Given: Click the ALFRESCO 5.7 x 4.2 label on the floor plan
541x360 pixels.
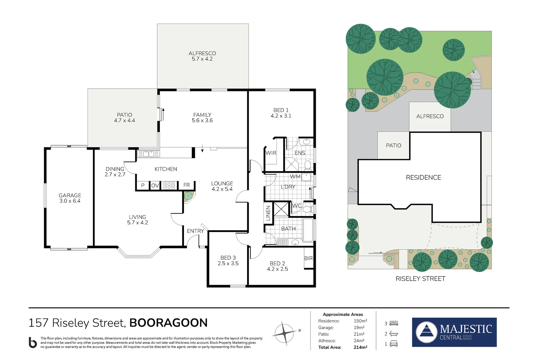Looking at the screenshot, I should tap(202, 56).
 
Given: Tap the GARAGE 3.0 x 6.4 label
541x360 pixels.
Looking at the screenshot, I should tap(70, 198).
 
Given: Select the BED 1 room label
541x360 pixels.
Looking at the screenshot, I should tap(281, 113).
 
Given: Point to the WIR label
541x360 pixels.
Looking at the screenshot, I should tap(270, 153).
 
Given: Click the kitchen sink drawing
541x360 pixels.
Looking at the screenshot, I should tap(149, 154).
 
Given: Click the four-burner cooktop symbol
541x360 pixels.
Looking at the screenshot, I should tap(169, 185).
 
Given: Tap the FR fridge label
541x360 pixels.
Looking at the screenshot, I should tap(187, 185).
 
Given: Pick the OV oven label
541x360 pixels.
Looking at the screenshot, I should tap(155, 186).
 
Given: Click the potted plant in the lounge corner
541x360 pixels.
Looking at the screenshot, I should tap(188, 196).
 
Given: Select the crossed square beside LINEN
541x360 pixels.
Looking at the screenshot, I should tap(281, 209).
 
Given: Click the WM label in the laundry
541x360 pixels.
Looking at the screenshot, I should tap(295, 176).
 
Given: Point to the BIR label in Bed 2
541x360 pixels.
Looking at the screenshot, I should tap(308, 258).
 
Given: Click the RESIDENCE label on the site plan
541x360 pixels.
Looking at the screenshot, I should tap(423, 178).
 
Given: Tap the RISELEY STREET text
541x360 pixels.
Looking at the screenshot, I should tap(420, 279).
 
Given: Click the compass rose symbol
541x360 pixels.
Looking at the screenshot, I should tap(284, 333).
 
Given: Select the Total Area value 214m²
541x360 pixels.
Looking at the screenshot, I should tap(360, 347).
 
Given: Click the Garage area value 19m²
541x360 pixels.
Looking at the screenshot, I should tap(359, 328).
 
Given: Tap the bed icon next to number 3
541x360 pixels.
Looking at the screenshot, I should tap(394, 323).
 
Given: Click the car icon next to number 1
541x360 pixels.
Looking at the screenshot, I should tap(393, 344).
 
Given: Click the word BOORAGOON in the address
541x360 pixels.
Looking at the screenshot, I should tap(168, 323).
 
